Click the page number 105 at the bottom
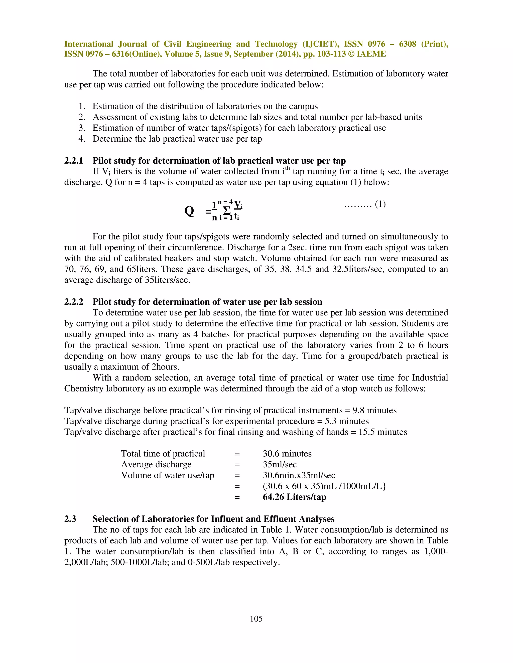point(256,619)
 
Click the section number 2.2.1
point(74,161)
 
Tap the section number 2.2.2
point(74,302)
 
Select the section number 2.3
point(70,519)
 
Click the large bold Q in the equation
point(189,211)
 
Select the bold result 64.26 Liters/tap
point(294,497)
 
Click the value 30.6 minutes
point(287,454)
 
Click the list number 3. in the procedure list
point(82,128)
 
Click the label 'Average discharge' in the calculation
point(156,464)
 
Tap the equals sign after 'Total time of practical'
point(237,454)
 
